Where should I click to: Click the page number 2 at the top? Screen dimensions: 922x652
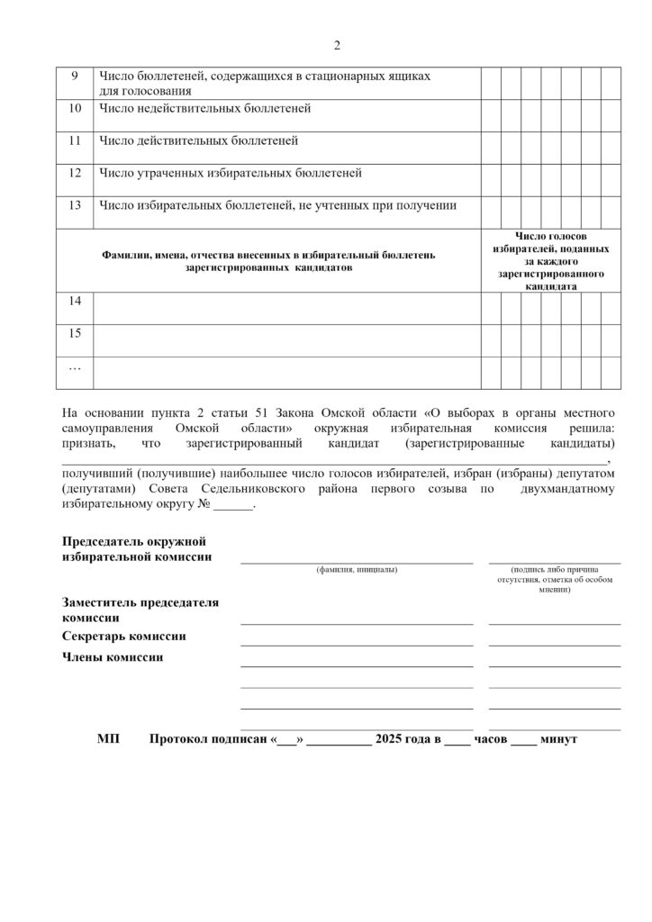click(x=337, y=45)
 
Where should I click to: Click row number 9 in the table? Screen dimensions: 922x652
click(x=76, y=77)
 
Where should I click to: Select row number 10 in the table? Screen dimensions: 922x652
click(x=76, y=109)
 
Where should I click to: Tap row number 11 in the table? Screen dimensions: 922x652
click(x=76, y=140)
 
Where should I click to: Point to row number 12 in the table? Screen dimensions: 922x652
click(x=76, y=173)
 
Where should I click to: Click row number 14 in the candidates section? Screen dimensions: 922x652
click(x=76, y=302)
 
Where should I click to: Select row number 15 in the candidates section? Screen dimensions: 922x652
click(x=76, y=333)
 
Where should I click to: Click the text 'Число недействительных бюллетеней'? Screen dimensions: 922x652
click(x=204, y=109)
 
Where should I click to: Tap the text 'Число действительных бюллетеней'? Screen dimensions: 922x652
click(x=198, y=140)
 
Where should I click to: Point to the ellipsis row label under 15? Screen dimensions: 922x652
click(x=76, y=366)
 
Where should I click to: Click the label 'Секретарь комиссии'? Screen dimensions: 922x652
click(x=124, y=637)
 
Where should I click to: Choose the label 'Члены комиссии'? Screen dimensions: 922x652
click(x=113, y=657)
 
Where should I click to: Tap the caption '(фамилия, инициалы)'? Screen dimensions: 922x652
click(x=357, y=570)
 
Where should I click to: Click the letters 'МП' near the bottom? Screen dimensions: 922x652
click(x=107, y=739)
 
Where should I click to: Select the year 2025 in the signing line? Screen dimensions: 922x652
click(x=393, y=739)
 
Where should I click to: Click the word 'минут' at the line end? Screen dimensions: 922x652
click(x=559, y=739)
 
